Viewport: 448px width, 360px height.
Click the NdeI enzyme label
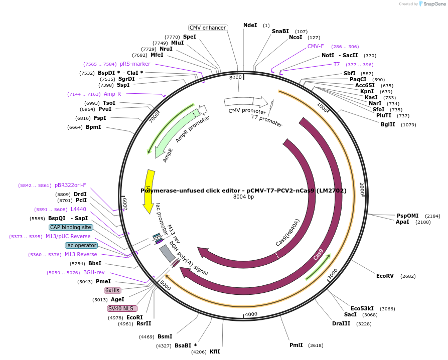(x=250, y=25)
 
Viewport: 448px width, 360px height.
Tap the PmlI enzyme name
(x=296, y=345)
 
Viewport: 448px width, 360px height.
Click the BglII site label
(x=388, y=124)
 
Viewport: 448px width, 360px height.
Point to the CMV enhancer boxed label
(x=208, y=28)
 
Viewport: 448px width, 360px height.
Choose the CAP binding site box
(x=71, y=227)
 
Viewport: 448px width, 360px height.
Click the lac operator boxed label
(x=81, y=245)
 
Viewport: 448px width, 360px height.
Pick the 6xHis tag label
(x=112, y=290)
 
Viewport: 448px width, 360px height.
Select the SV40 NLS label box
(x=122, y=308)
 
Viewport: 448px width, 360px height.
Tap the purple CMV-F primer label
(x=316, y=46)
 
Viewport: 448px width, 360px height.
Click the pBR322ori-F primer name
(x=70, y=185)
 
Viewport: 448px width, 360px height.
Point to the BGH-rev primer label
(x=94, y=272)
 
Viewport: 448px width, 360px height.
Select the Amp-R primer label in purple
(x=112, y=94)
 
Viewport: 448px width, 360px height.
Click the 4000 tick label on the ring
(x=251, y=314)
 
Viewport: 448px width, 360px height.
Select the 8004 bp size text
(x=244, y=197)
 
